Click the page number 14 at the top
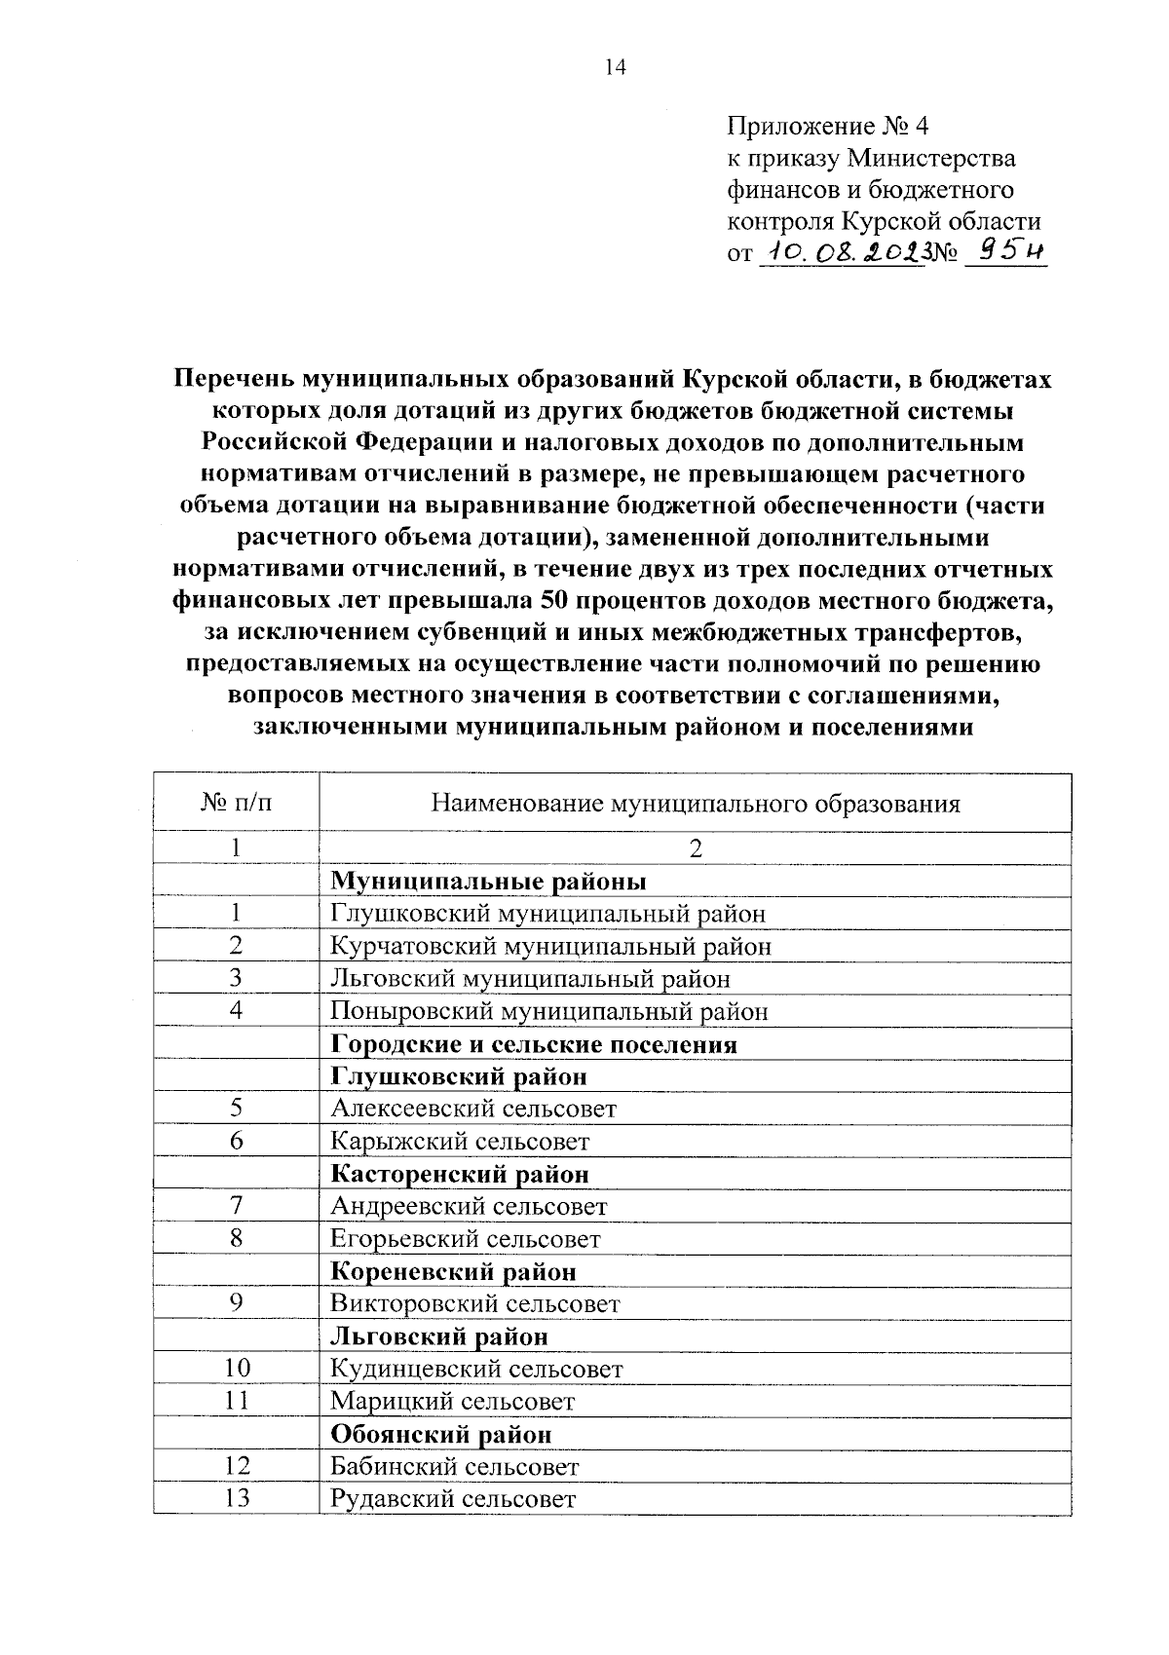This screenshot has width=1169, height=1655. [615, 66]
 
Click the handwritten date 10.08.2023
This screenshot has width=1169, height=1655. [840, 252]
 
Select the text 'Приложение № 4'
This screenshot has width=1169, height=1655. [829, 126]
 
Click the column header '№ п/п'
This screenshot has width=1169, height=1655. [236, 803]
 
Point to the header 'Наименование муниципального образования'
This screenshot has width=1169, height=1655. [695, 803]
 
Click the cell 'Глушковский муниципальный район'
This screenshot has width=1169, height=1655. [547, 914]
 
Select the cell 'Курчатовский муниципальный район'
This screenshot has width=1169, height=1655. [550, 946]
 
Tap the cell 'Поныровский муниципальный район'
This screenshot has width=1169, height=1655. [548, 1011]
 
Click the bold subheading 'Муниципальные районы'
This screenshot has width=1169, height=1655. [488, 881]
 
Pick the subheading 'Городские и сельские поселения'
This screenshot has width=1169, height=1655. [533, 1044]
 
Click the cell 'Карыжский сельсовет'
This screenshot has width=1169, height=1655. [460, 1141]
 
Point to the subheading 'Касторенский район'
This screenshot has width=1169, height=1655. [460, 1174]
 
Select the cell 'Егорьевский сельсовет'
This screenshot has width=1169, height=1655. [465, 1239]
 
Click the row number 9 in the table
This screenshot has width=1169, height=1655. [236, 1303]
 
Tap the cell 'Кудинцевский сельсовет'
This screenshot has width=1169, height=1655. [475, 1369]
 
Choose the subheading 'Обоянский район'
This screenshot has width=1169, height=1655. [440, 1434]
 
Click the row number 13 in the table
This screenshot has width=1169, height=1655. [236, 1498]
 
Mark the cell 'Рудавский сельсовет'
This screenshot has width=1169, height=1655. [453, 1498]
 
